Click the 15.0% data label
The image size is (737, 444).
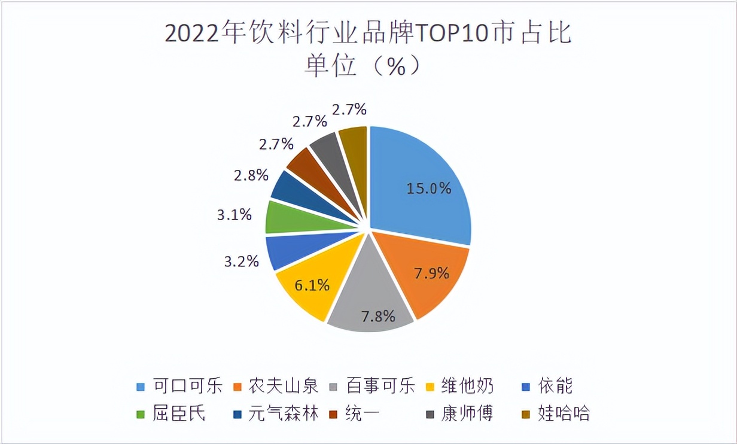[x=428, y=188]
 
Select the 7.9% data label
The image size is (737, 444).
[x=431, y=273]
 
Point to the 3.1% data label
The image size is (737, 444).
[x=234, y=214]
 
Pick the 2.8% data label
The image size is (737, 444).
[x=251, y=176]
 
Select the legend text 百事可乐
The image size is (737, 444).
[x=380, y=386]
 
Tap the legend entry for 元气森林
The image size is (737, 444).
[x=284, y=413]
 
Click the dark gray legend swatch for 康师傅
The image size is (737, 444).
[x=430, y=413]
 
